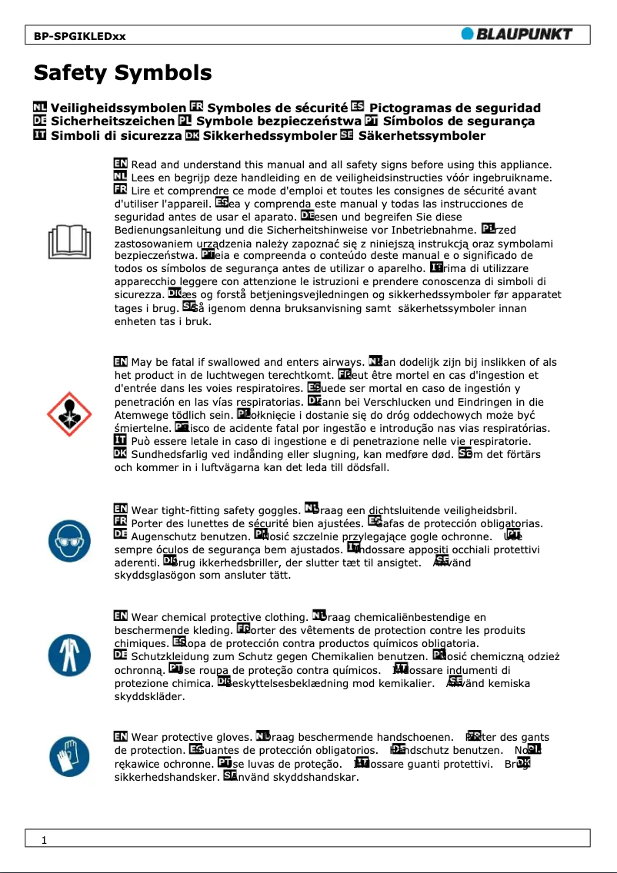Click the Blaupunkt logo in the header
(x=516, y=34)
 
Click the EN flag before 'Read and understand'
(x=121, y=164)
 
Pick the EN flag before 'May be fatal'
(x=121, y=362)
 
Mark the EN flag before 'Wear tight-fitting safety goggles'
(x=121, y=510)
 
